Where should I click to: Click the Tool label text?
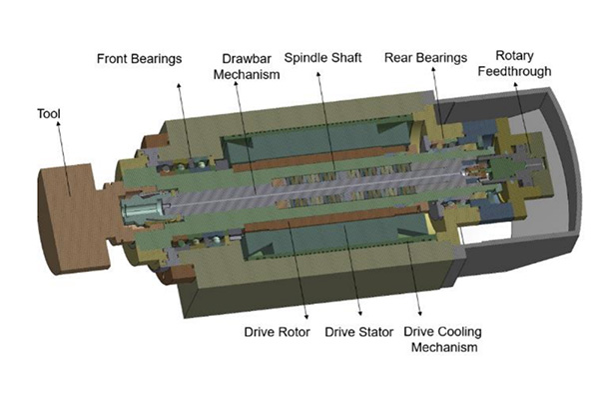tap(49, 114)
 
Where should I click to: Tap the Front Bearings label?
tap(139, 59)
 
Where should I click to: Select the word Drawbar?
tap(247, 59)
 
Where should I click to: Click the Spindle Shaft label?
tap(322, 58)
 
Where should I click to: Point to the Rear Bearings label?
tap(425, 58)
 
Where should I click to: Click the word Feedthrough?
tap(514, 71)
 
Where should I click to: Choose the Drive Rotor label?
tap(277, 332)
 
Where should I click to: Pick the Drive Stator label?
tap(358, 332)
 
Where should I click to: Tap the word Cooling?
tap(460, 332)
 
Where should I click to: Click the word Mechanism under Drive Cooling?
tap(444, 347)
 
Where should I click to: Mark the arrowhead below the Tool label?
tap(58, 123)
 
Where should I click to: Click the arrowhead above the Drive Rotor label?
tap(306, 316)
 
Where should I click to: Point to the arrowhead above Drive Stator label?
tap(359, 313)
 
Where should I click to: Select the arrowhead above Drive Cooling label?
tap(420, 313)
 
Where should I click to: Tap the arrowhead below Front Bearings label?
tap(179, 85)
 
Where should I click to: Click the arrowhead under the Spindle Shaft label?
tap(317, 74)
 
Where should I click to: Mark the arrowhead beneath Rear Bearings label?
tap(433, 69)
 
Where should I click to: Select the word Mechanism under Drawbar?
tap(247, 74)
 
